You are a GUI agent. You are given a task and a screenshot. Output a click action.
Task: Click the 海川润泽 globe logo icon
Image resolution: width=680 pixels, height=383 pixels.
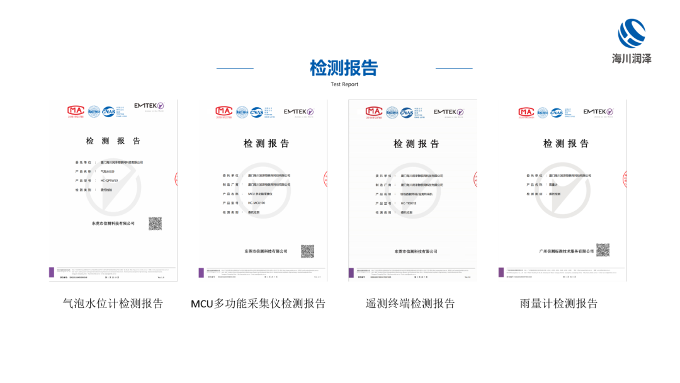[632, 33]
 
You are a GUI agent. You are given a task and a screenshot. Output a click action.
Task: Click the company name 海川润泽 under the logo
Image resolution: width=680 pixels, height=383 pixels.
[632, 59]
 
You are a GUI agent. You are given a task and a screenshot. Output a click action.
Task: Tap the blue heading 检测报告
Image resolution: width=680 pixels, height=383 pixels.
[344, 67]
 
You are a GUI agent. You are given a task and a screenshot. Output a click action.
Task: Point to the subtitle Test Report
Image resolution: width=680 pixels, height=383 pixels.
[344, 84]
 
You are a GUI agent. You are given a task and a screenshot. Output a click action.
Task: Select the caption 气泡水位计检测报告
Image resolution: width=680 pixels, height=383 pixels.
[113, 304]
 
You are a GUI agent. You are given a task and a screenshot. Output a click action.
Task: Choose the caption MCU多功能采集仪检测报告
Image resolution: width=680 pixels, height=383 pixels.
[258, 304]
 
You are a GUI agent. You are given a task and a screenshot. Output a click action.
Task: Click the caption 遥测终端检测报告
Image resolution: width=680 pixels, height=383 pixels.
[410, 304]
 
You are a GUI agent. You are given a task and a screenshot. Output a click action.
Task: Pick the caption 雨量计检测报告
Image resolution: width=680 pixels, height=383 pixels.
[559, 304]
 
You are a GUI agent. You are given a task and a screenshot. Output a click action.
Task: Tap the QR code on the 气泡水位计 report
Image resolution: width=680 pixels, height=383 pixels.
[155, 224]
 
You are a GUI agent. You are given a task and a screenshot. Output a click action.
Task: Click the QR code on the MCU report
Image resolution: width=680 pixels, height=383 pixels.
[307, 251]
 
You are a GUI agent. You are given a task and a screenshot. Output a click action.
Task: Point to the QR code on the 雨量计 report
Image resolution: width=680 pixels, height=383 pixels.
[603, 250]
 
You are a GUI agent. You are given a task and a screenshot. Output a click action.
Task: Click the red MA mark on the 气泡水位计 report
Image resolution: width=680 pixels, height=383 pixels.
[76, 111]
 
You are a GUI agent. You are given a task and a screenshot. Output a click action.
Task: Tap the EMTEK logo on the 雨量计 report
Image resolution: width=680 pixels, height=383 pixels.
[598, 112]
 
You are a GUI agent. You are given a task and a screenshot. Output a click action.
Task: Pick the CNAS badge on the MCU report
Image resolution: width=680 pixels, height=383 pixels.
[257, 112]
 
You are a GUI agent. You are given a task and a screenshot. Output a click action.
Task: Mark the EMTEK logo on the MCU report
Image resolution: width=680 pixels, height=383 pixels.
[298, 112]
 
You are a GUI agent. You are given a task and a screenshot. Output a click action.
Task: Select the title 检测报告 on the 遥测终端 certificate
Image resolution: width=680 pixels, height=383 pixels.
[416, 144]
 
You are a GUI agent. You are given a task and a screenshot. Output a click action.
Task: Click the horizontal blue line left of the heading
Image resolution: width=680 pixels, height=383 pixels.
[235, 68]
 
